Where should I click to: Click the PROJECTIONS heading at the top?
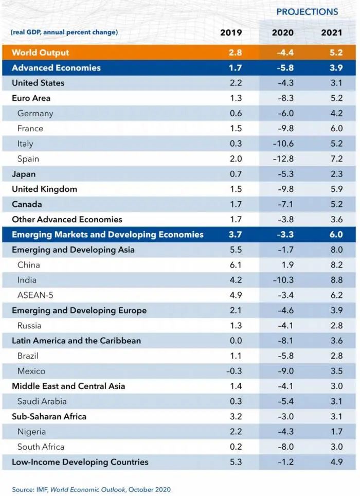[x=307, y=12]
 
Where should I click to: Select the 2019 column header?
[x=231, y=32]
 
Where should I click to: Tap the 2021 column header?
[x=332, y=32]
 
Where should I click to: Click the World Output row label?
[x=40, y=52]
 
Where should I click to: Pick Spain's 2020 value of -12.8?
[x=283, y=158]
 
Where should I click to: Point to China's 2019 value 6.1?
[x=236, y=265]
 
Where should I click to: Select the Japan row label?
[x=24, y=174]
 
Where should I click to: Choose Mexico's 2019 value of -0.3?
[x=235, y=371]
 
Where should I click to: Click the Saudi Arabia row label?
[x=42, y=401]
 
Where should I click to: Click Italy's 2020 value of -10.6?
[x=283, y=144]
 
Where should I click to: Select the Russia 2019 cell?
[x=236, y=326]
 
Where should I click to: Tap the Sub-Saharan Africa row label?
[x=49, y=416]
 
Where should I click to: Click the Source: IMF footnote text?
[x=92, y=489]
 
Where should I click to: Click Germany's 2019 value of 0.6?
[x=236, y=113]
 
